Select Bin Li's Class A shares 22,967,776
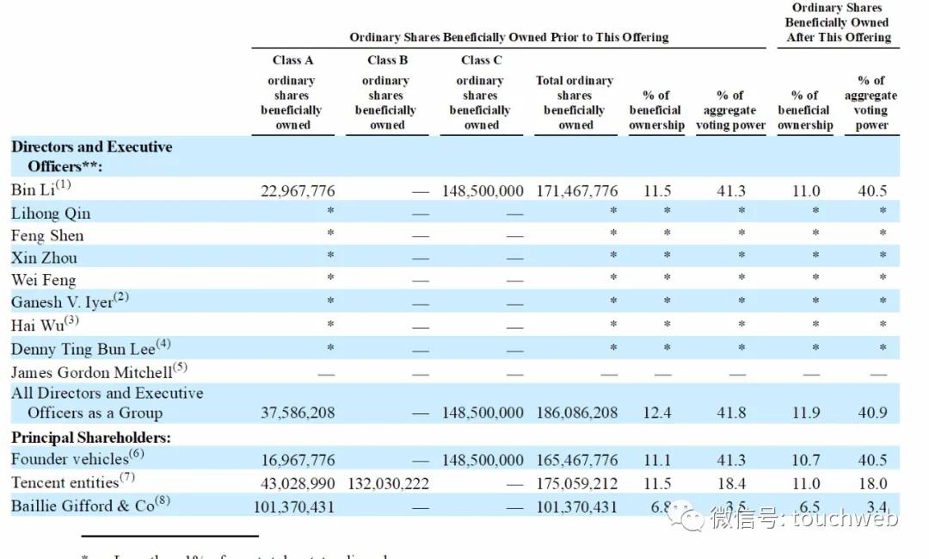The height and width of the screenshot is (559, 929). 298,191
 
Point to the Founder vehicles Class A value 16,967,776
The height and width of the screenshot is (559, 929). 298,461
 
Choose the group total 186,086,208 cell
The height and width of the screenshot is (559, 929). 576,413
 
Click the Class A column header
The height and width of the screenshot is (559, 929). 292,60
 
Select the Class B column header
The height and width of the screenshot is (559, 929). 387,60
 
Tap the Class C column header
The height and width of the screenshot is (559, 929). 481,60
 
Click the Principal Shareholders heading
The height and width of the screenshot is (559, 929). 90,438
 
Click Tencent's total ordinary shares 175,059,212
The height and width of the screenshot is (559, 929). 576,484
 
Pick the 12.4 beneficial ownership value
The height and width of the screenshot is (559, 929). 657,413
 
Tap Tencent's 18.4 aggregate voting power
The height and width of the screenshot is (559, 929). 731,484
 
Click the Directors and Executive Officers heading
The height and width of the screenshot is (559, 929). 91,156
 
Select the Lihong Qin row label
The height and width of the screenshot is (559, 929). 51,214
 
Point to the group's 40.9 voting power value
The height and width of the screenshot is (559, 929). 871,413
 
